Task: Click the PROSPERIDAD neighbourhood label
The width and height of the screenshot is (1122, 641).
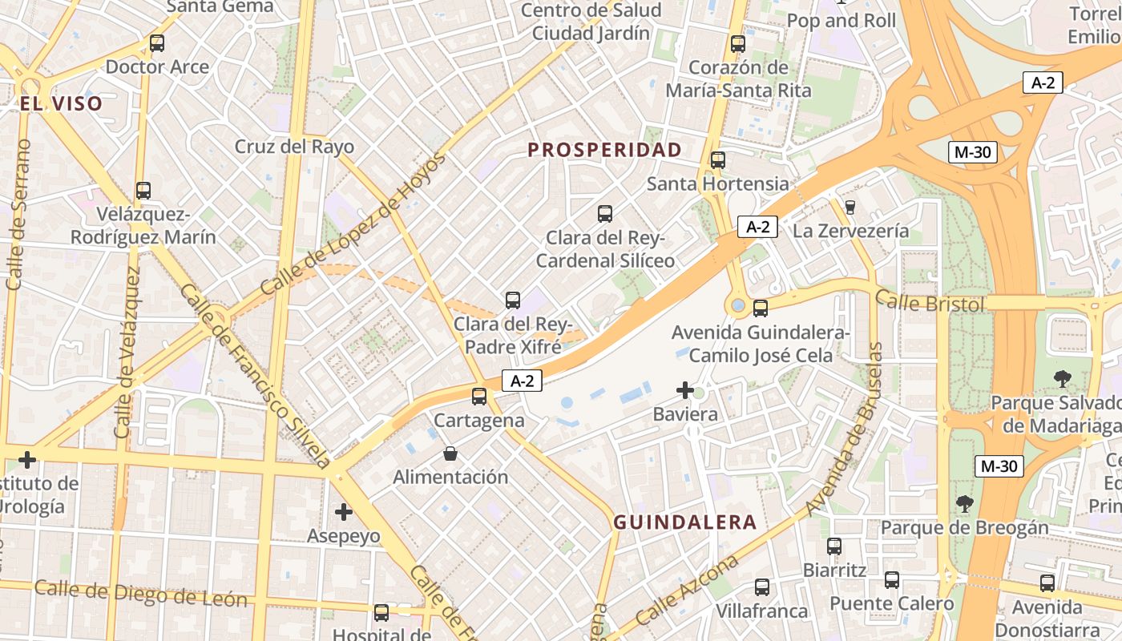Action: [605, 150]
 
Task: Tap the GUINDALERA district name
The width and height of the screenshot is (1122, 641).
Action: [685, 522]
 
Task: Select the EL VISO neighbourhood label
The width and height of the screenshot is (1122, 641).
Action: [62, 103]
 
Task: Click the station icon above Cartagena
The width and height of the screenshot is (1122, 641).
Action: [479, 396]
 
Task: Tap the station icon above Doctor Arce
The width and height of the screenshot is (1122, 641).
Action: [157, 43]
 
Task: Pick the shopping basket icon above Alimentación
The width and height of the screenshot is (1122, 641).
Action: [450, 454]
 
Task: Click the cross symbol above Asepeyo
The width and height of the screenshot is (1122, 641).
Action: [344, 511]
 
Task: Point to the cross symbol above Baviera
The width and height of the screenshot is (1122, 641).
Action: [685, 390]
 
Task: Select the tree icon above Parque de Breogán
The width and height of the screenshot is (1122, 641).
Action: [965, 503]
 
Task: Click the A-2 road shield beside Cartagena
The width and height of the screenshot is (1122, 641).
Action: [522, 381]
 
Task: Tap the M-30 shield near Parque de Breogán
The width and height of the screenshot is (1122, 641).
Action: [999, 466]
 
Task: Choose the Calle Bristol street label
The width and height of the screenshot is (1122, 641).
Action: [930, 302]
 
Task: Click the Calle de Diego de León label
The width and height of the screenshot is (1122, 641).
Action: [141, 593]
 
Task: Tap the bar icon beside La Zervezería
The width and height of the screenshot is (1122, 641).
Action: [850, 207]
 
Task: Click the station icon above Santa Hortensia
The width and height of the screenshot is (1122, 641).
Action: [718, 160]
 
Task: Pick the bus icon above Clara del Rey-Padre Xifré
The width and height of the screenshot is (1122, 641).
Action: [513, 300]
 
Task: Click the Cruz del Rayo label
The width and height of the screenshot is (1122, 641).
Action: [294, 147]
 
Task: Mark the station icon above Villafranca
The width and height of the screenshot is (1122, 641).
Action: [762, 587]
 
